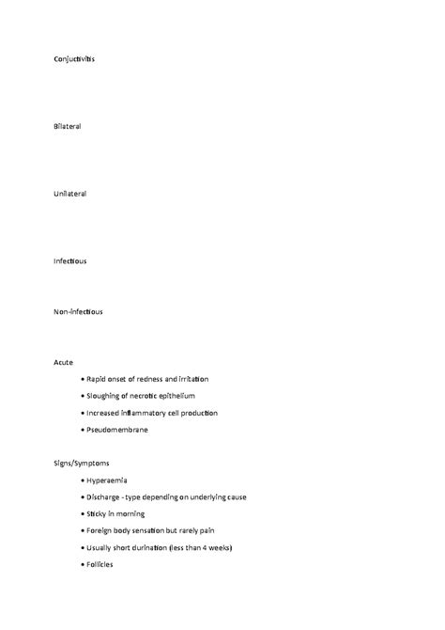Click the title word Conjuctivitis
point(74,59)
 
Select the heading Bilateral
point(68,126)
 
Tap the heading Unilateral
point(70,194)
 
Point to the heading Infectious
point(70,260)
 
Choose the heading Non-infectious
point(78,311)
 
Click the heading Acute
point(63,362)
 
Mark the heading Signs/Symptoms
point(82,463)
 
